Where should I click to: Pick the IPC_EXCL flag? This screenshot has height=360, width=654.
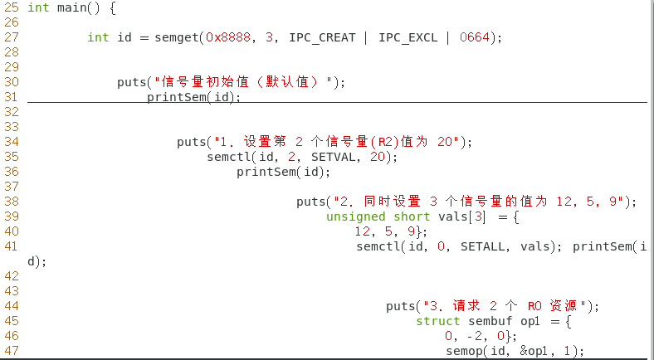(x=408, y=37)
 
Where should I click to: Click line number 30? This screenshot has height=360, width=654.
(x=11, y=82)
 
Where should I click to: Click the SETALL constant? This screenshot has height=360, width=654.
(x=483, y=246)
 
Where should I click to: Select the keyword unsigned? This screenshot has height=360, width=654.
(x=356, y=216)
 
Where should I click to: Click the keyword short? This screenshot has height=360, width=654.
(x=412, y=216)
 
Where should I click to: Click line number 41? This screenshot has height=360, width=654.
(x=11, y=246)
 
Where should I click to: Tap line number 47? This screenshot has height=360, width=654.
(x=11, y=351)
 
